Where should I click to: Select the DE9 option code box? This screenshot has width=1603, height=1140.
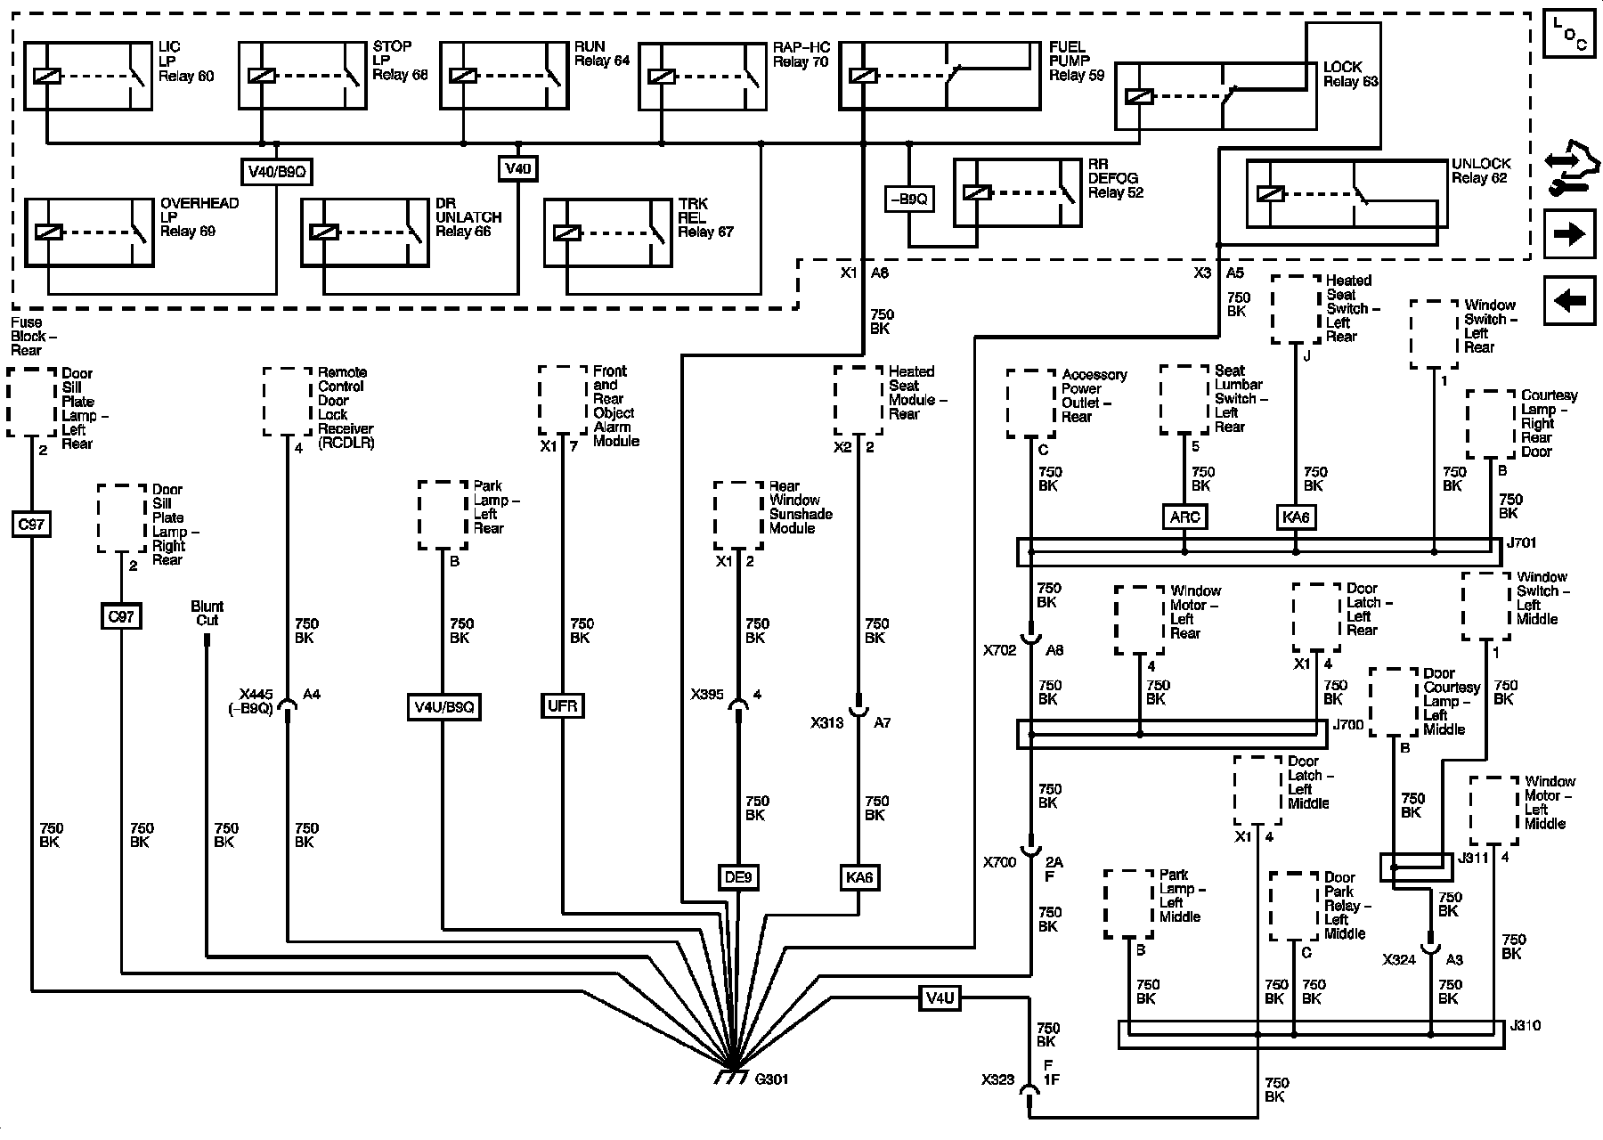[x=738, y=877]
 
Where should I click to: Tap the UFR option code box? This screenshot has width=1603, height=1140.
[x=563, y=706]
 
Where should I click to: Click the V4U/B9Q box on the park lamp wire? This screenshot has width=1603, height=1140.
[x=443, y=707]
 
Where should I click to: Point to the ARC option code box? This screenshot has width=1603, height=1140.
[x=1184, y=517]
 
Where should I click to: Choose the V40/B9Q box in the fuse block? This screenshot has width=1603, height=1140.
[x=277, y=171]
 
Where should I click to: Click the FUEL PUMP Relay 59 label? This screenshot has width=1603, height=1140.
[x=1076, y=61]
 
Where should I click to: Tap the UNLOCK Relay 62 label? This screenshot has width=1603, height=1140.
[x=1481, y=171]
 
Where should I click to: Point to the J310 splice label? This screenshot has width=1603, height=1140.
[x=1525, y=1025]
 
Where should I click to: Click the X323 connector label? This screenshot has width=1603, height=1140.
[x=997, y=1079]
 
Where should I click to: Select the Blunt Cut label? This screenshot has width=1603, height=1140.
[x=207, y=613]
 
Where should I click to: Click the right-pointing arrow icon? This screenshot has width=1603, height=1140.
[x=1569, y=234]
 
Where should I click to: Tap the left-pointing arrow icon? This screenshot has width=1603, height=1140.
[x=1569, y=301]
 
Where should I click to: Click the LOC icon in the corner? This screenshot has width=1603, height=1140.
[x=1569, y=34]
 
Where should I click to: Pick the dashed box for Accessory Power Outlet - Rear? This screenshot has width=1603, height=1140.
[x=1031, y=403]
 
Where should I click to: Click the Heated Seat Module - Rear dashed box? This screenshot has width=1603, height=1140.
[x=858, y=399]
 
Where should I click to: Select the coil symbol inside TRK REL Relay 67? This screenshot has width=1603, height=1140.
[x=567, y=232]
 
